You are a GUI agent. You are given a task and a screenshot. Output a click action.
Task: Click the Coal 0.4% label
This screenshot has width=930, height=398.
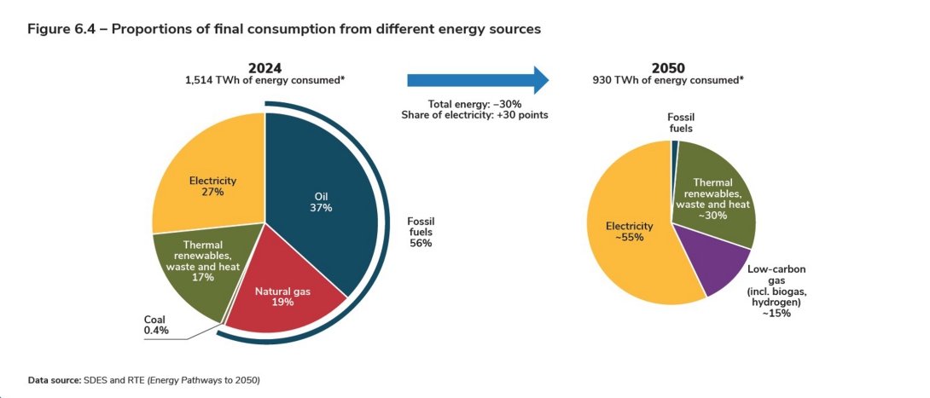[156, 326]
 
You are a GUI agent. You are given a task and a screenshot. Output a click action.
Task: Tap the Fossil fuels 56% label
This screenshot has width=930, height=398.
[420, 232]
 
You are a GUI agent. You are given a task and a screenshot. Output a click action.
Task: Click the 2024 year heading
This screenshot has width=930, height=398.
[264, 67]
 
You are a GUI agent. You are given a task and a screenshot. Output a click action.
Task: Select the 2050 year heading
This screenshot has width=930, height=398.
[668, 67]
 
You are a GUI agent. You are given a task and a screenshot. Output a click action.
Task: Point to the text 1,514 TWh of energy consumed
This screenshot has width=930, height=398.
[264, 80]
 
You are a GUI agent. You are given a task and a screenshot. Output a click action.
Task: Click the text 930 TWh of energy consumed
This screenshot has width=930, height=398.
[668, 80]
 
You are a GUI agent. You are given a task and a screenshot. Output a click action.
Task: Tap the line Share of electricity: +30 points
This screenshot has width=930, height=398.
[474, 114]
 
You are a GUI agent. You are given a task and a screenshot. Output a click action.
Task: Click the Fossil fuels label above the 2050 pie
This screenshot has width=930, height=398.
[680, 123]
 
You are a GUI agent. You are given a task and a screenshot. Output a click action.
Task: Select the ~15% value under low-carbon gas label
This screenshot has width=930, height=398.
[776, 313]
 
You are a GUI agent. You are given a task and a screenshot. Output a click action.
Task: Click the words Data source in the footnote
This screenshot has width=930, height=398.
[55, 379]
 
